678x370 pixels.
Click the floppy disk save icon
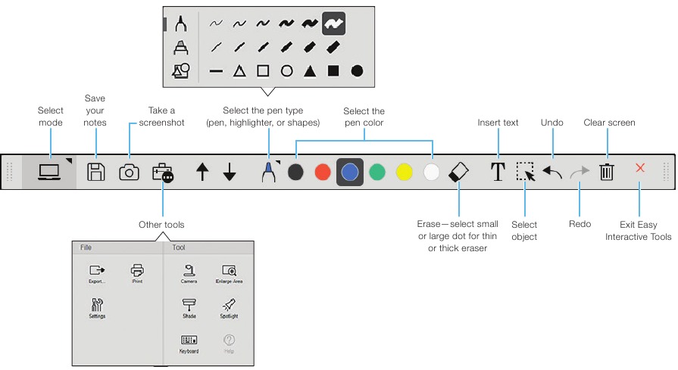coord(95,172)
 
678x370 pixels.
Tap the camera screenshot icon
coord(130,172)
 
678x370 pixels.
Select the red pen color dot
coord(323,172)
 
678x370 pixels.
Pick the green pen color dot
coord(377,172)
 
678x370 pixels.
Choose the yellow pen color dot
coord(405,172)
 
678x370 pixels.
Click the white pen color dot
coord(432,172)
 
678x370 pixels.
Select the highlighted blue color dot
coord(350,172)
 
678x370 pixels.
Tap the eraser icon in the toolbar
coord(459,172)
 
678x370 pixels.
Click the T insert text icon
coord(498,172)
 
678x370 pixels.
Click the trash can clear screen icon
coord(607,172)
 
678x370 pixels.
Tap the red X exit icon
coord(640,168)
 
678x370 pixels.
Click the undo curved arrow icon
coord(552,172)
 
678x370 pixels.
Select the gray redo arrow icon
coord(580,172)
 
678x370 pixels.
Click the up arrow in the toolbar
coord(202,172)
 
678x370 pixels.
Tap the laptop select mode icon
coord(50,172)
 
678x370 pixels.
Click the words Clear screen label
coord(609,123)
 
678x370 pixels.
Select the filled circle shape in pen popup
coord(357,71)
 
